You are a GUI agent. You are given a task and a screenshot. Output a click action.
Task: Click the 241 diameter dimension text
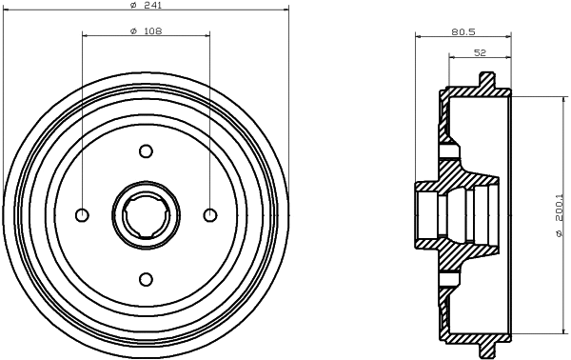pos(146,5)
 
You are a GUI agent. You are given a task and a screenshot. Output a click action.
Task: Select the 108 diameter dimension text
pos(146,31)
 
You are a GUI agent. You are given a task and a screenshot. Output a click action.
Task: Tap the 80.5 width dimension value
pos(463,31)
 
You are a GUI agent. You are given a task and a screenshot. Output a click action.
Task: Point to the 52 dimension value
pos(480,53)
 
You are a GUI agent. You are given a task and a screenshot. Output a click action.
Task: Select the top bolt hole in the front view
pos(146,150)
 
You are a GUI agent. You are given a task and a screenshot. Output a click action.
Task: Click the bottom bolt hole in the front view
pos(146,278)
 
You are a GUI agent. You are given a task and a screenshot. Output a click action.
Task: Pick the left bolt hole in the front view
pos(82,214)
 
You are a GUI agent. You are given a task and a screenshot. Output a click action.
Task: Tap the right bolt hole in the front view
pos(209,214)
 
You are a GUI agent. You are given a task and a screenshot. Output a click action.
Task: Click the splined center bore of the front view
pos(146,214)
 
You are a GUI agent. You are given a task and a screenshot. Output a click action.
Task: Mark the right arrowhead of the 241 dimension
pos(284,10)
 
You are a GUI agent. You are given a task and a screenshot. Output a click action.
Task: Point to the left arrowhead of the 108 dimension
pos(86,36)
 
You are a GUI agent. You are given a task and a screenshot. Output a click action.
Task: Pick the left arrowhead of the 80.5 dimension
pos(420,36)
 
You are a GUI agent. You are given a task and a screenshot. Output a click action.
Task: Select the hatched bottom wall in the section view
pos(476,338)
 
